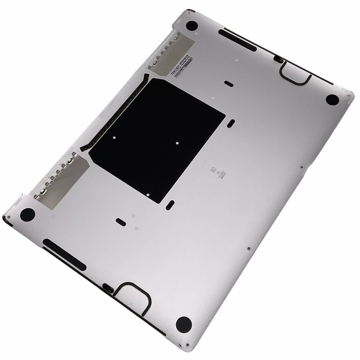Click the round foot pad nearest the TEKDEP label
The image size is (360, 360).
click(x=192, y=26)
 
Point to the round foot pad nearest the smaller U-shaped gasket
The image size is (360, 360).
click(x=332, y=99)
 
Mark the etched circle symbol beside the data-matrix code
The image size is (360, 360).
click(x=219, y=173)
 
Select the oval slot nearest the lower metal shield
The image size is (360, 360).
click(x=120, y=221)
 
